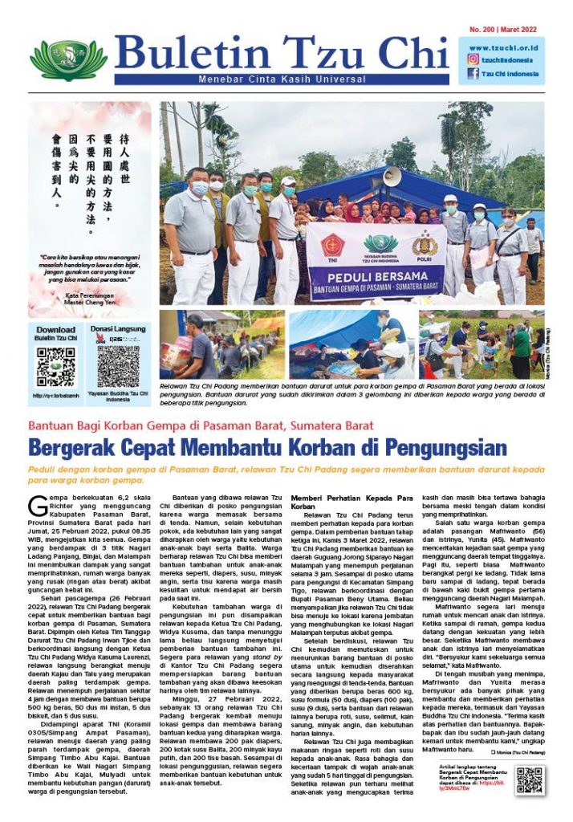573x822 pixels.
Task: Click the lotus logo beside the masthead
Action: [x=68, y=59]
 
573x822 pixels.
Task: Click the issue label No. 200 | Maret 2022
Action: [x=503, y=30]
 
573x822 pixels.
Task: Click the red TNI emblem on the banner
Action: [x=332, y=245]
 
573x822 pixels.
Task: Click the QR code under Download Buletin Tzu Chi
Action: [x=56, y=367]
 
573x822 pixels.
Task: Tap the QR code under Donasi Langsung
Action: [x=118, y=367]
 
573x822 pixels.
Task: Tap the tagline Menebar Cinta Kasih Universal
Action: [x=282, y=79]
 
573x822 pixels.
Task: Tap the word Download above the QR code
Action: [x=56, y=330]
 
